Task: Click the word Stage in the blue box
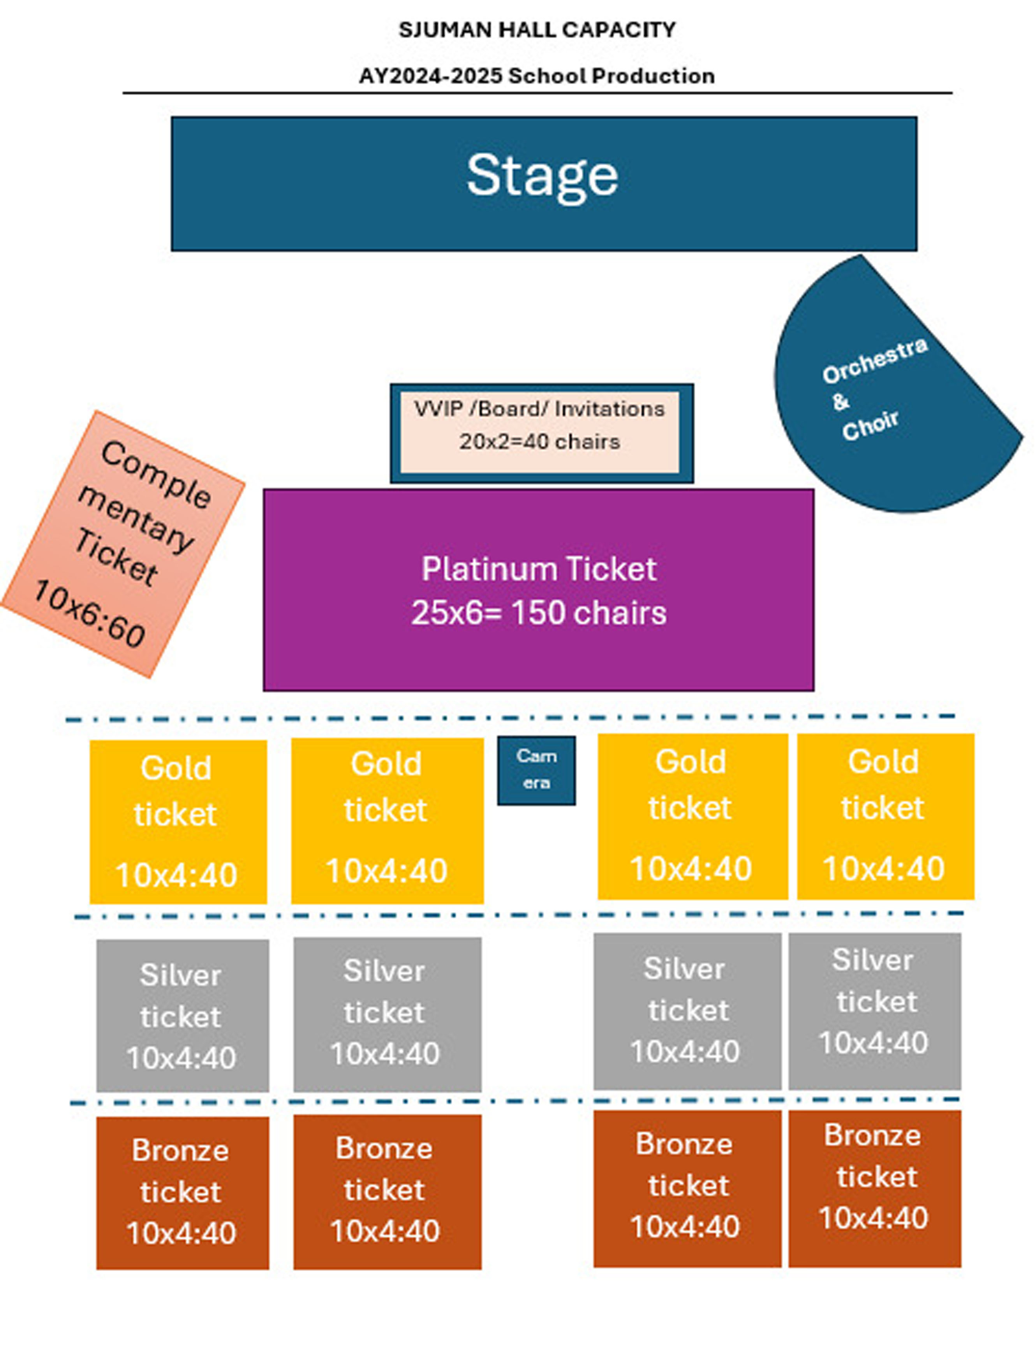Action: (542, 177)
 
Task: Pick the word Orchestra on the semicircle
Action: (874, 360)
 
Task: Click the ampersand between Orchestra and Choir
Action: (840, 401)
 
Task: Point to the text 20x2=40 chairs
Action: (539, 442)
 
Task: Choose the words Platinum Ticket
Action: (539, 569)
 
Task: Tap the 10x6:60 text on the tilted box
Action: (90, 613)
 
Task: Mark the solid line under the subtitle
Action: (537, 93)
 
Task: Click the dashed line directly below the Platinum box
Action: (510, 718)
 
